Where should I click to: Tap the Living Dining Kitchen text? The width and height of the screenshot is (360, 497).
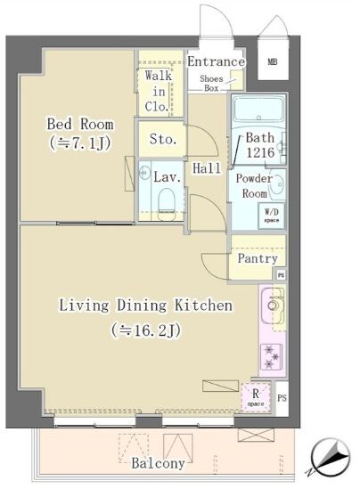click(145, 306)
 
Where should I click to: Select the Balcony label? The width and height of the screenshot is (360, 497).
click(158, 463)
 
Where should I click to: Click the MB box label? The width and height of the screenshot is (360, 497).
click(273, 62)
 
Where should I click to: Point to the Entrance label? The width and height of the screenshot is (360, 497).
click(216, 61)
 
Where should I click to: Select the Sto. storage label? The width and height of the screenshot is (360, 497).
click(162, 140)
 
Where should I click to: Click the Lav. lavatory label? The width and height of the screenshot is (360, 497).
click(168, 177)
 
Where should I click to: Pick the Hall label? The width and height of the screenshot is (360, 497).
click(207, 167)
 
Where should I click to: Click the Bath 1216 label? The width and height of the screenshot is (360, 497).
click(260, 145)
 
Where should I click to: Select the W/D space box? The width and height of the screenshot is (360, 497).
click(272, 214)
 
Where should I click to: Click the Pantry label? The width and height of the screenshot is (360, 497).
click(257, 259)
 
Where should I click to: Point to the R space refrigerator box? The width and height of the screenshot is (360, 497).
click(256, 395)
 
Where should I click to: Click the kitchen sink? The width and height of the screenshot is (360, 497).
click(272, 309)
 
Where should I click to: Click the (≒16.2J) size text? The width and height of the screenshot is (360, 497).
click(146, 330)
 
